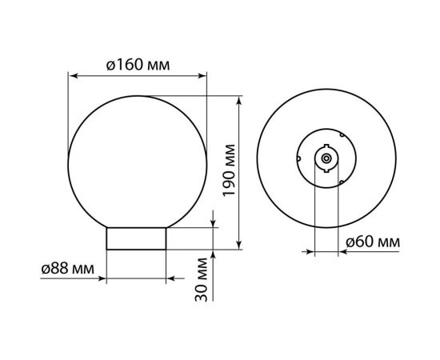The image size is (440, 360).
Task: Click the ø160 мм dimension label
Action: tap(138, 65)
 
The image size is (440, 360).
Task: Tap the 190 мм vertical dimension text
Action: tap(229, 170)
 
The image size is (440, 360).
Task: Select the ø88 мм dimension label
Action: tap(68, 269)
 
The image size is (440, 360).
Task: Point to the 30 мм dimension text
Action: tap(201, 279)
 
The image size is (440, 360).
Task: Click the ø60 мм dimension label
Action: tap(373, 242)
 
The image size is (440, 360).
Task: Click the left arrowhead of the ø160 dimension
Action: tap(74, 76)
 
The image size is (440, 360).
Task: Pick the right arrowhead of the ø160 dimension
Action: tap(202, 76)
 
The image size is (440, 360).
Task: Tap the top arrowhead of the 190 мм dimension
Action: tap(239, 101)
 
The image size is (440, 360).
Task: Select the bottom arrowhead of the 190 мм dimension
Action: tap(239, 245)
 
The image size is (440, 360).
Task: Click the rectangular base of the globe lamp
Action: tap(136, 238)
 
